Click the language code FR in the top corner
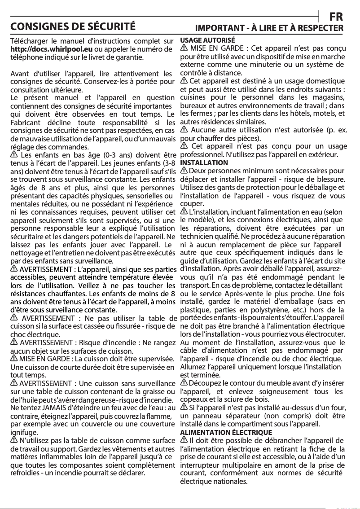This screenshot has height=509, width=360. click(x=336, y=17)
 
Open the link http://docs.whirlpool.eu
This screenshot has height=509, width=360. click(x=52, y=49)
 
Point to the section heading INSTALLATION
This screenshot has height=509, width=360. click(x=204, y=162)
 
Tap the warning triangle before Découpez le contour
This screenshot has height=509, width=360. click(x=184, y=382)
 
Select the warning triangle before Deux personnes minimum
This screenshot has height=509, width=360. click(x=184, y=171)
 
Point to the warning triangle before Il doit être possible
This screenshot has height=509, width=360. click(x=184, y=440)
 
